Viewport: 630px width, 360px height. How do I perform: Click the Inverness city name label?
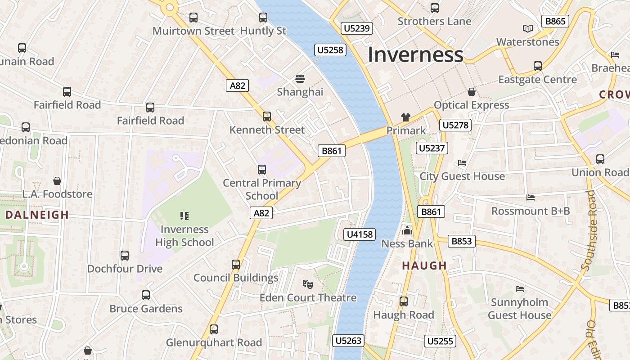coord(415,55)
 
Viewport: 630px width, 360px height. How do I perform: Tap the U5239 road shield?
coord(356,28)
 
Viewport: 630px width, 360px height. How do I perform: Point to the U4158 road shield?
coord(360,234)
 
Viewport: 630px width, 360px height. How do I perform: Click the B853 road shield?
coord(462,241)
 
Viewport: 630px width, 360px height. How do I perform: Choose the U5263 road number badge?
coord(349,341)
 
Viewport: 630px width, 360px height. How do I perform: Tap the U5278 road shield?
coord(455,125)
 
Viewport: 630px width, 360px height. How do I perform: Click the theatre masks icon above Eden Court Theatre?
coord(308,284)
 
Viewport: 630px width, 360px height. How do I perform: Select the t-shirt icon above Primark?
coord(406,117)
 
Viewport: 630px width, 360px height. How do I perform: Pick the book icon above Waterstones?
coord(528,29)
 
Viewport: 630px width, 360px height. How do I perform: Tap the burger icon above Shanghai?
coord(300,79)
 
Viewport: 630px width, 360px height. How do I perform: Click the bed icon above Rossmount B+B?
coord(531,198)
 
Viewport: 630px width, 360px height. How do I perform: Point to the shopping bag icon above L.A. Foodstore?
coord(57,181)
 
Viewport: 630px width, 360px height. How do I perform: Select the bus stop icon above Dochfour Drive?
coord(125,256)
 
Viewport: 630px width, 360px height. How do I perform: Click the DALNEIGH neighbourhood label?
coord(37,215)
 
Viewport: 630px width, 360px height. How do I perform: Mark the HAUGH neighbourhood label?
coord(424,265)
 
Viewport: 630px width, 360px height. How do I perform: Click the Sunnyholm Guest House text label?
coord(520,309)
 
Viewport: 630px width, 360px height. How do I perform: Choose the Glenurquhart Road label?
coord(214,342)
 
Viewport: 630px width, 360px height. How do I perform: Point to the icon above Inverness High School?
coord(184,216)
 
